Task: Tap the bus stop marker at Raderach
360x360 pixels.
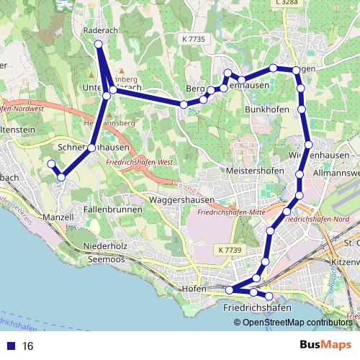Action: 99,45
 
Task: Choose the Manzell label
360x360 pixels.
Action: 58,216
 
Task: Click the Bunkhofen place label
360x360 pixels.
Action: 267,109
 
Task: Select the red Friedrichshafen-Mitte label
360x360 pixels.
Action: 230,213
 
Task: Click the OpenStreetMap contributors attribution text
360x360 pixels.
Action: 298,322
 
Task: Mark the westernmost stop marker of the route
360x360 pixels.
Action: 51,165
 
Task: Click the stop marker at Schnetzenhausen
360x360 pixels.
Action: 91,148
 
